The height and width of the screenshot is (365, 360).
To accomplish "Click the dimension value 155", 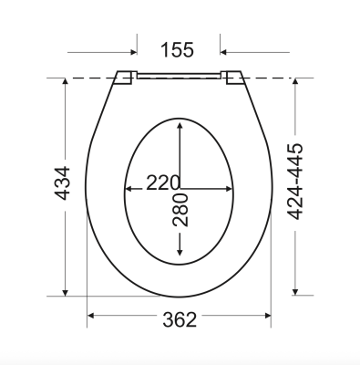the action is coord(177,50).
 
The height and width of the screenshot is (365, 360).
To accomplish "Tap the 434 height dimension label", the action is coord(62,182).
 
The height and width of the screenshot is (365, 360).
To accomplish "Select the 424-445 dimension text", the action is coord(295,181).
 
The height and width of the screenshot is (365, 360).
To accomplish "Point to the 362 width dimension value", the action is coord(180,319).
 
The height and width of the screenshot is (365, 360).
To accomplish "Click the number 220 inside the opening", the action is coord(163,182).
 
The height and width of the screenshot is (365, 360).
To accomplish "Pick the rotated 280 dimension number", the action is coord(180,210).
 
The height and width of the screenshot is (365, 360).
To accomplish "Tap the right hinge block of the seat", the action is coord(232,78).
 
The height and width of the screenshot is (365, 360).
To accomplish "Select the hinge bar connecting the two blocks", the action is coord(179,76).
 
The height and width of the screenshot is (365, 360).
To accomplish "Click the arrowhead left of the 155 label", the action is coord(134,52).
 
